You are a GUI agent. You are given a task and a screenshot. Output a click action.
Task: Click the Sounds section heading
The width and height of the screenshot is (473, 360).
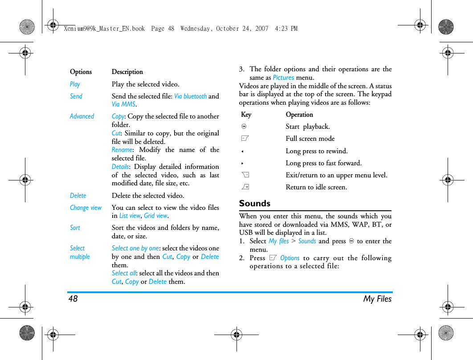[254, 204]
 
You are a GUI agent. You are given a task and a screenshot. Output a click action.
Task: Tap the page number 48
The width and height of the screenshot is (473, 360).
[73, 299]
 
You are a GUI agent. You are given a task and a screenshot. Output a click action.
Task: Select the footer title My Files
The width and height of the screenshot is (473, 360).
[377, 299]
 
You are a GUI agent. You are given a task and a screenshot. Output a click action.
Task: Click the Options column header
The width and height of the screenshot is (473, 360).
[81, 72]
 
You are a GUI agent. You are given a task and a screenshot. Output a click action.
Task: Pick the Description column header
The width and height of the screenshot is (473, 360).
[127, 72]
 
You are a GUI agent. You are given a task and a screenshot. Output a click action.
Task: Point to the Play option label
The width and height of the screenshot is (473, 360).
[75, 84]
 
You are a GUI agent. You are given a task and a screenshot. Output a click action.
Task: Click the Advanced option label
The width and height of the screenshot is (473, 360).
[82, 116]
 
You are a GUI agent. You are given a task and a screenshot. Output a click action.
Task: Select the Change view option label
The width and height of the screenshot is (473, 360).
[86, 208]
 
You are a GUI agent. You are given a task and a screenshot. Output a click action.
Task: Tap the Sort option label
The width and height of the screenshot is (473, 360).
[75, 228]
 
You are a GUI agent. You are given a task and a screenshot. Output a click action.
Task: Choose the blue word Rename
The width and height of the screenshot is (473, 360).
[122, 150]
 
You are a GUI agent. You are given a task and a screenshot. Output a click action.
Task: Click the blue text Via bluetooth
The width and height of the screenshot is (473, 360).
[190, 96]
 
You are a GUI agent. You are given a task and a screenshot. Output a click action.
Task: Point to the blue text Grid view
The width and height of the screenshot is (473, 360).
[155, 216]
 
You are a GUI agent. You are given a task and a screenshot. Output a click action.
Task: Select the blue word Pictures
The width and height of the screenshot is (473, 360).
[283, 78]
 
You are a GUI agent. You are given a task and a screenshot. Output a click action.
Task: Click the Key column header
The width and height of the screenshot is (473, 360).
[246, 115]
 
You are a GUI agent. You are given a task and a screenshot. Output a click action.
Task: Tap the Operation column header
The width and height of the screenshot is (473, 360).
[299, 115]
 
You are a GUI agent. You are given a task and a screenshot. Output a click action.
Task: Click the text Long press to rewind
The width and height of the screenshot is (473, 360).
[317, 151]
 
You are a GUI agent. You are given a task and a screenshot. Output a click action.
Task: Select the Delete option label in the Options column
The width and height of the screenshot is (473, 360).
[78, 196]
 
